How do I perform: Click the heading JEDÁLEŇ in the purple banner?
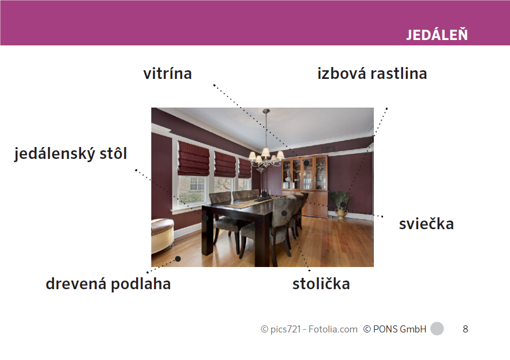(x=437, y=34)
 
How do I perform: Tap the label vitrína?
(x=167, y=74)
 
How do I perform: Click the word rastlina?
(x=399, y=74)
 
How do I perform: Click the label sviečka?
(x=426, y=224)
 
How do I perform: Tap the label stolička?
(x=321, y=284)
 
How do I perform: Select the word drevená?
(x=76, y=284)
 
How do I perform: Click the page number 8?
(x=466, y=329)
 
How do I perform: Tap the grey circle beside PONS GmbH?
(x=437, y=329)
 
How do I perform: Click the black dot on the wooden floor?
(x=178, y=259)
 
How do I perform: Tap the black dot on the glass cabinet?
(x=306, y=163)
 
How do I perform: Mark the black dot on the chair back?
(x=284, y=213)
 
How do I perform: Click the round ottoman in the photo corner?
(x=162, y=235)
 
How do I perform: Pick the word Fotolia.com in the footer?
(x=333, y=329)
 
